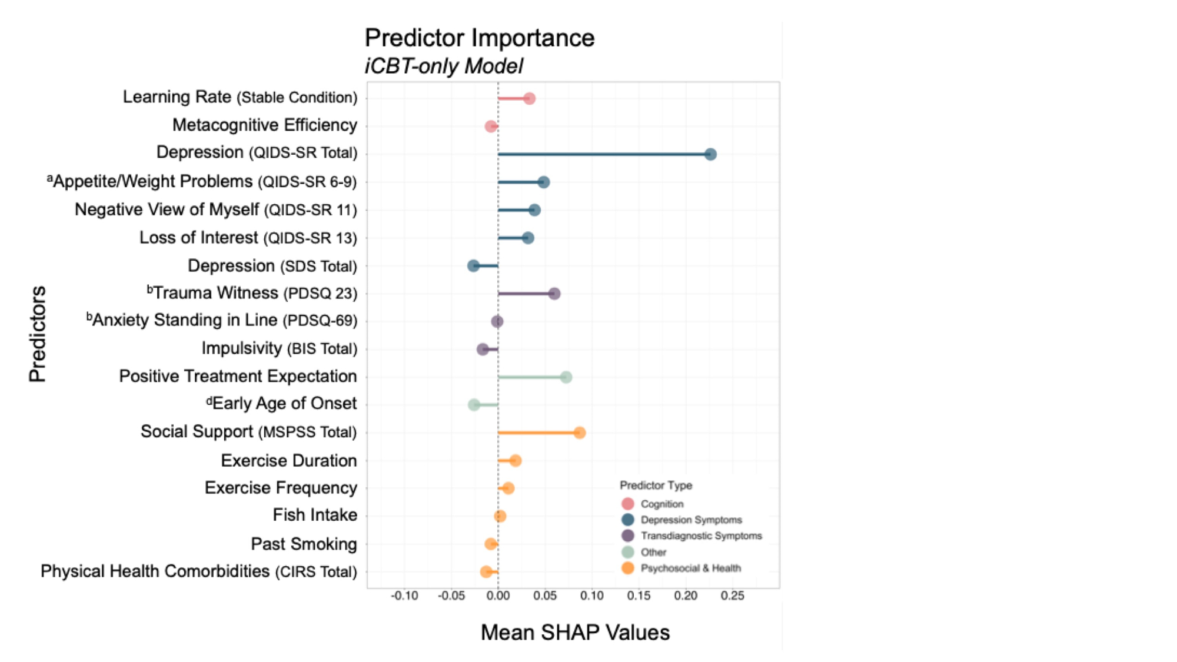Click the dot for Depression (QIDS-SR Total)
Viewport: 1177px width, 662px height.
[x=710, y=154]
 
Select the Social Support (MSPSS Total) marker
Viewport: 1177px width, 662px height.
[x=580, y=433]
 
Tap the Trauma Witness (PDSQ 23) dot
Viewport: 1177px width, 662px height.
[x=554, y=294]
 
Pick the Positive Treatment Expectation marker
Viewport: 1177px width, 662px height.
[x=566, y=377]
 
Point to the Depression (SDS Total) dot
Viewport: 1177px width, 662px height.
[x=474, y=266]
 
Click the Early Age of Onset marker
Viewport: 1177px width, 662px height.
[x=474, y=405]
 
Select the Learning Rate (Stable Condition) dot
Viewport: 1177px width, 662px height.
[x=529, y=98]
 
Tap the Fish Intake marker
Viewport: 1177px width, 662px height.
[x=500, y=517]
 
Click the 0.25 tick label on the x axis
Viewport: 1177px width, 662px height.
[x=732, y=596]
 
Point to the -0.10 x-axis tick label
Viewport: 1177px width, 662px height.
[x=404, y=596]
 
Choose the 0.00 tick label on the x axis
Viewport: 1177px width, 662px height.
[x=498, y=596]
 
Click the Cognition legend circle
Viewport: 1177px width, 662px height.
[x=628, y=504]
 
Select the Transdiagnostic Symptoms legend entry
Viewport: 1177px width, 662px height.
[x=701, y=536]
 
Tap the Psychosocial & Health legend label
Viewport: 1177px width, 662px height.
[x=690, y=568]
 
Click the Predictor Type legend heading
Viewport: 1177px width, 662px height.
[x=656, y=485]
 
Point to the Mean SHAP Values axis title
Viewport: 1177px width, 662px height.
[x=575, y=633]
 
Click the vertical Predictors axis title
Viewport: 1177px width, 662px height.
[x=38, y=334]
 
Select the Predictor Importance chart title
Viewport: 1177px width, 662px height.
[x=480, y=38]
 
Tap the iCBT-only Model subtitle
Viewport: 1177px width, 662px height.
[x=444, y=66]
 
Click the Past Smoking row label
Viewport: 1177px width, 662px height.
[x=304, y=544]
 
